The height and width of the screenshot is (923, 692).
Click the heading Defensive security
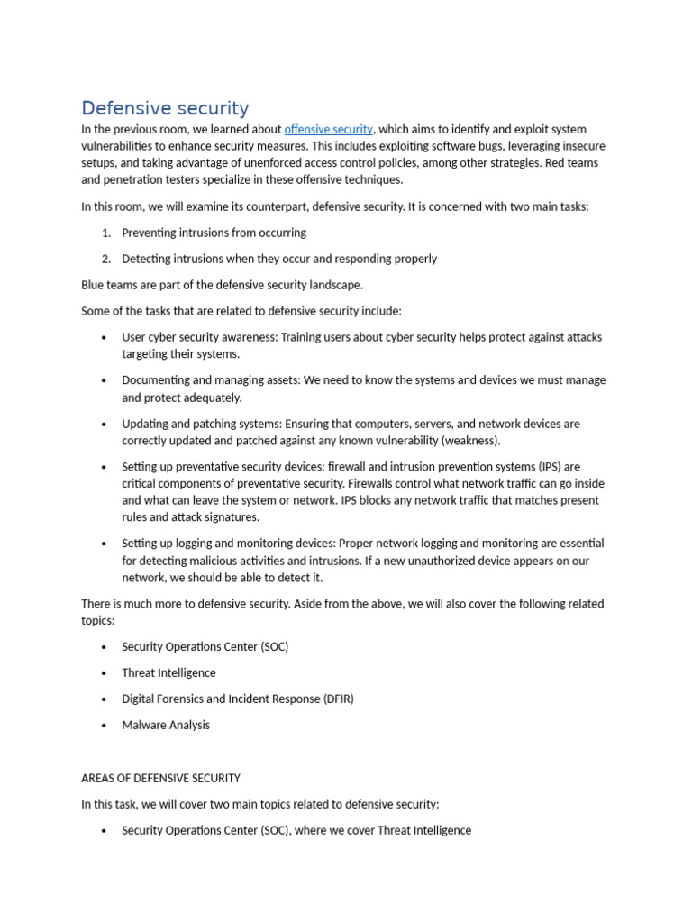click(x=165, y=108)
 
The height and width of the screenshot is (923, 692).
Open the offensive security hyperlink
click(x=328, y=129)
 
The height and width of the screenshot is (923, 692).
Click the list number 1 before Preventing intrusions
click(x=106, y=233)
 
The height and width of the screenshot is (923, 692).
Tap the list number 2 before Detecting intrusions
click(x=106, y=259)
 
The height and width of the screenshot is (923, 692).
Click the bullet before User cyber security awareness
click(x=105, y=337)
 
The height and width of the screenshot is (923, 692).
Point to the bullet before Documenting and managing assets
click(x=105, y=380)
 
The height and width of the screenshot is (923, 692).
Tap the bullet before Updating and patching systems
click(x=105, y=424)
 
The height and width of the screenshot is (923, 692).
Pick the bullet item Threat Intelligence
click(x=168, y=672)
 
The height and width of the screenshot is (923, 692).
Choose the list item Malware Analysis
click(x=166, y=725)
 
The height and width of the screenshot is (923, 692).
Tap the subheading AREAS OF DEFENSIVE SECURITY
click(x=160, y=778)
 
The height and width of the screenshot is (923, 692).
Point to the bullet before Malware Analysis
click(x=105, y=725)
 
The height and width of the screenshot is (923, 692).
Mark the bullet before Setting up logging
click(x=105, y=544)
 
